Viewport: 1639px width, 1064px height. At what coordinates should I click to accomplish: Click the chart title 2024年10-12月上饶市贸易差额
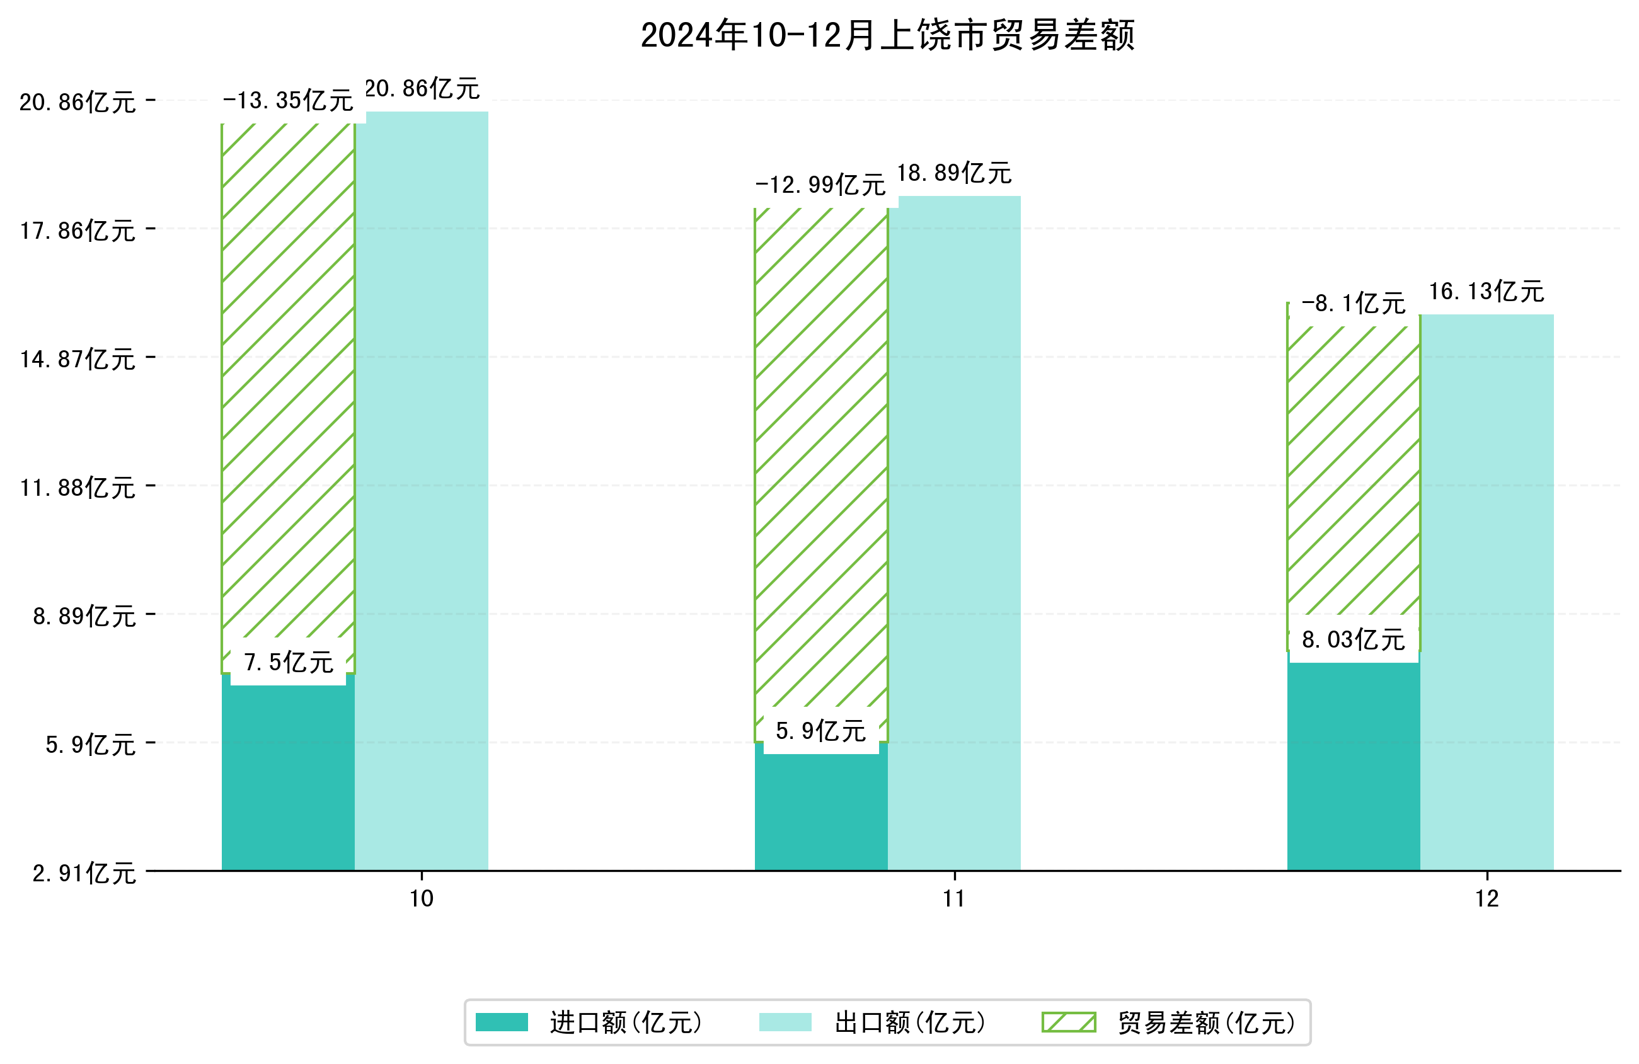click(x=887, y=35)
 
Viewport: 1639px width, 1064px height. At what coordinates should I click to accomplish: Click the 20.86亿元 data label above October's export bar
click(x=422, y=89)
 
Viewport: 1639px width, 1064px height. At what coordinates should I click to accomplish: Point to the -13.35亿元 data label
click(x=288, y=101)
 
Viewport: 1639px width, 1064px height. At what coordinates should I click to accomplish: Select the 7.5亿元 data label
click(x=289, y=663)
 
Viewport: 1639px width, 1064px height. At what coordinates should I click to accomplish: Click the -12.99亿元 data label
click(x=820, y=185)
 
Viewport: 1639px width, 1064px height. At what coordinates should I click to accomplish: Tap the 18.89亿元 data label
click(x=954, y=173)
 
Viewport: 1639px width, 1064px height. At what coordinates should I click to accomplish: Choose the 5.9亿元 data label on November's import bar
click(x=820, y=731)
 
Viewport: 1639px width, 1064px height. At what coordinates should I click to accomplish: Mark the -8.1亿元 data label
click(x=1353, y=304)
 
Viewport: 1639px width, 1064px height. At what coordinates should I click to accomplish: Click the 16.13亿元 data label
click(x=1486, y=291)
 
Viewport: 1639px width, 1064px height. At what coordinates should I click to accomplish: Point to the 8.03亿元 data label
click(x=1353, y=640)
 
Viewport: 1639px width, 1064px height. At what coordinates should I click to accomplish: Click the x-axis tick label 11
click(x=954, y=899)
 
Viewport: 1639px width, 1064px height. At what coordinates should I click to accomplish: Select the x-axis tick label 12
click(x=1487, y=899)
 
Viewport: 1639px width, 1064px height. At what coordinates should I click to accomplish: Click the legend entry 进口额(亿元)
click(x=625, y=1022)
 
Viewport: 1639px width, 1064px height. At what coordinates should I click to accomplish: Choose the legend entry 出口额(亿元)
click(x=910, y=1022)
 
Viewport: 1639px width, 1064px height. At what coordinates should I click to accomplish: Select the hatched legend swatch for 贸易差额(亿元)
click(x=1068, y=1022)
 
